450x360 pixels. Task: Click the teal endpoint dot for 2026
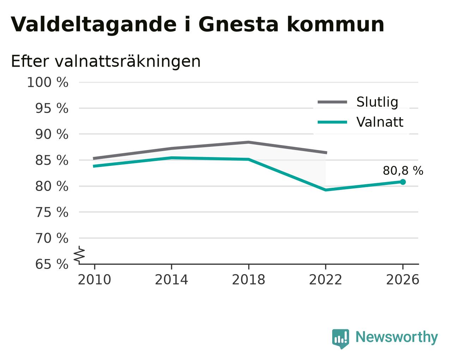click(403, 182)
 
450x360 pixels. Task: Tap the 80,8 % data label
click(403, 170)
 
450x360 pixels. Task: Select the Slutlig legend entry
click(358, 102)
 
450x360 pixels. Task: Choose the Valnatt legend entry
click(360, 122)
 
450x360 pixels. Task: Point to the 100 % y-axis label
click(48, 82)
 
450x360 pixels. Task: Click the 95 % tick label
click(51, 108)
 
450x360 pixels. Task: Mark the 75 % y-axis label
click(51, 212)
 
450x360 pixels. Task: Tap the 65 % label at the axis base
click(51, 264)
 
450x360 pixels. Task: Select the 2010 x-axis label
click(94, 280)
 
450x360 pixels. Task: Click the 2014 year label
click(171, 280)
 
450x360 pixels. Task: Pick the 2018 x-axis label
click(248, 280)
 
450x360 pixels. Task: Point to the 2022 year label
click(326, 280)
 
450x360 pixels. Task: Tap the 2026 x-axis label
click(402, 280)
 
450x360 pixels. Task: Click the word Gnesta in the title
click(238, 24)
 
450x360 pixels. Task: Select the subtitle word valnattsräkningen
click(128, 61)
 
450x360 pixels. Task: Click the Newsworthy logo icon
click(341, 338)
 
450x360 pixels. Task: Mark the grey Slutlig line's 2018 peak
click(248, 142)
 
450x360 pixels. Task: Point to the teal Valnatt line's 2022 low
click(326, 190)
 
